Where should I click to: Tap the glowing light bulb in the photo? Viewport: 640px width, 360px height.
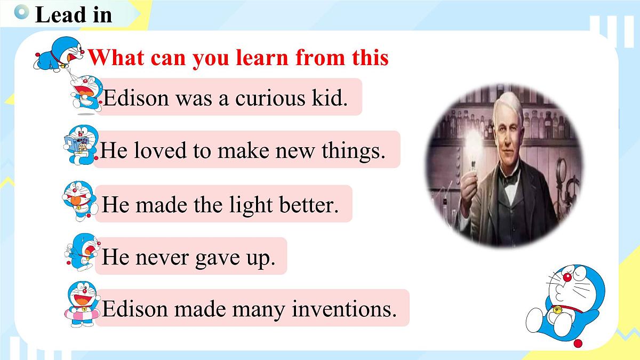click(473, 142)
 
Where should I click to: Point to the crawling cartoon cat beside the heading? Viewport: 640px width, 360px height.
click(60, 54)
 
